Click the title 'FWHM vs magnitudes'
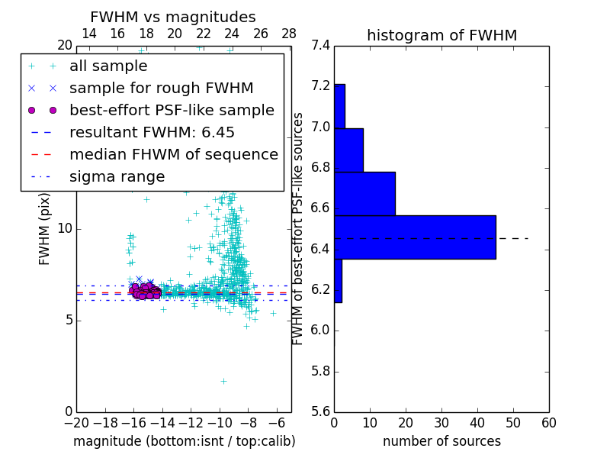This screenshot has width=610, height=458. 172,18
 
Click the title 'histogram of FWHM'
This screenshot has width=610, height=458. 441,35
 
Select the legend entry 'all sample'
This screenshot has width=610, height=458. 108,66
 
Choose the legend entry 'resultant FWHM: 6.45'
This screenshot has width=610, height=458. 152,133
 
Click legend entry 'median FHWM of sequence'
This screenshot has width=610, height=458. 173,155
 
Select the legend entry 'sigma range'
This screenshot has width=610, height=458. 117,177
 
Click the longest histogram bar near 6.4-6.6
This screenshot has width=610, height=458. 415,237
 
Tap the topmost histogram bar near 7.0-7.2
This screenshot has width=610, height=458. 339,105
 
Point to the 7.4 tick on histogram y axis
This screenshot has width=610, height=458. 321,46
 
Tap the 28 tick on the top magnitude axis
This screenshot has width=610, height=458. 289,34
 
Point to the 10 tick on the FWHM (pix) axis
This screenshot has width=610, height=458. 64,229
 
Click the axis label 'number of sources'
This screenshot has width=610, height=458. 441,441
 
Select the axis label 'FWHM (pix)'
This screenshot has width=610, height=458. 45,229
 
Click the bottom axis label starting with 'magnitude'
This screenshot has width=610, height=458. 184,441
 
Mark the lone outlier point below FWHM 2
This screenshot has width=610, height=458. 223,381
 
